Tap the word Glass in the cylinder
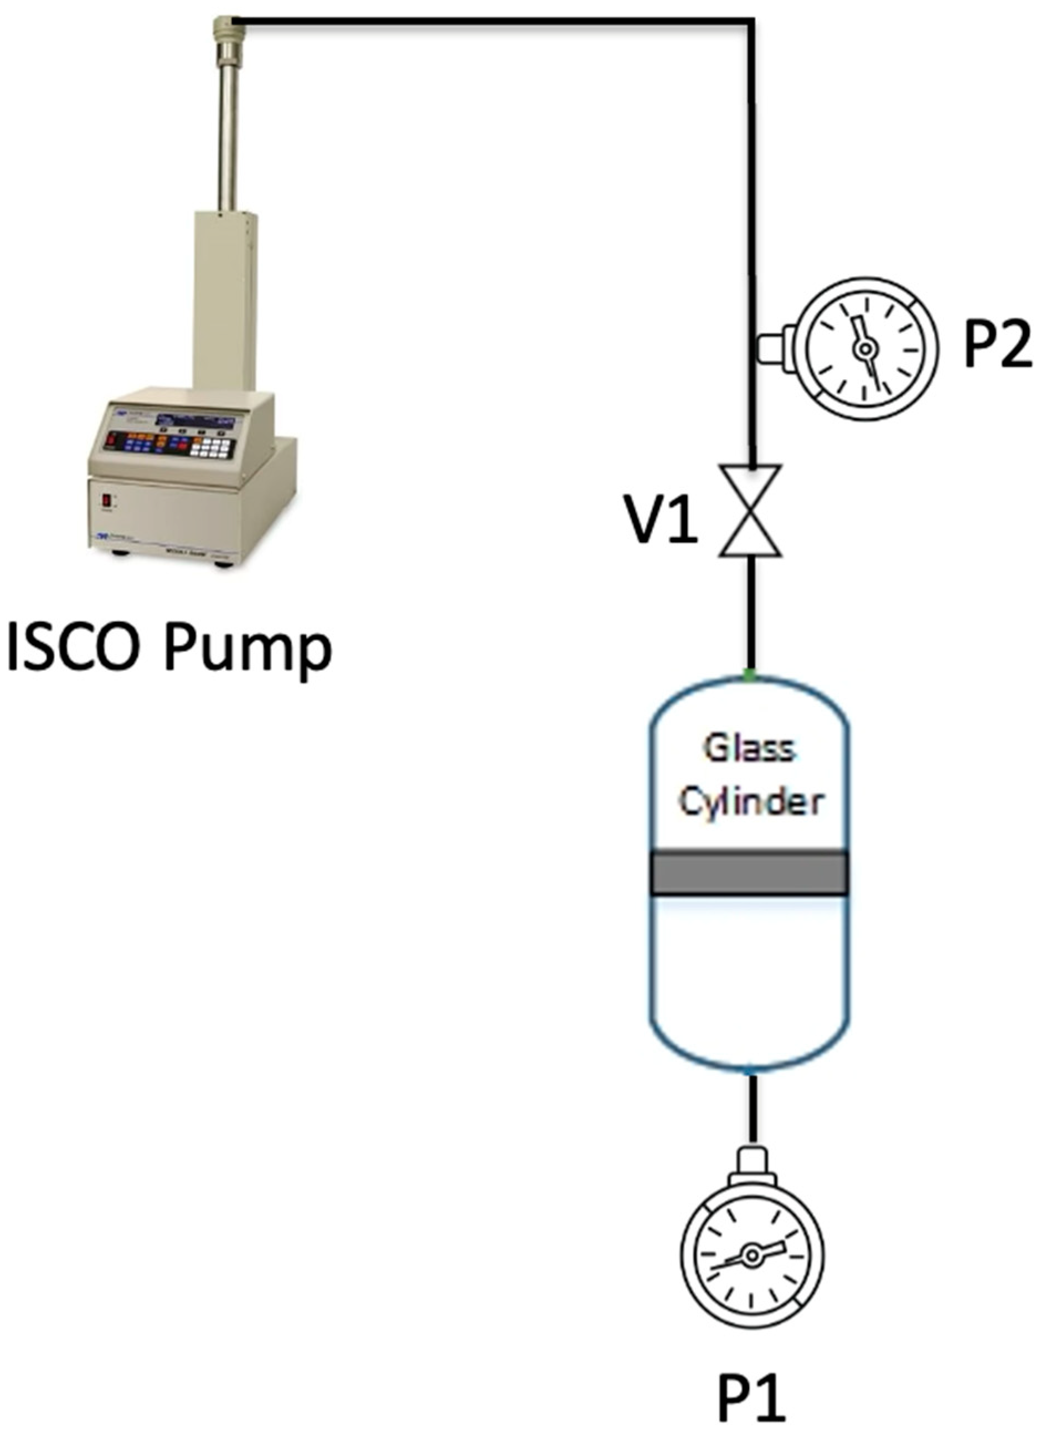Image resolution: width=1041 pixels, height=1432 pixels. pos(749,749)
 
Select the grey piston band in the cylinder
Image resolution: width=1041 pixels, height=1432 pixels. pos(749,873)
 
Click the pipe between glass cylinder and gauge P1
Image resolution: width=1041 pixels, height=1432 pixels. pos(751,1111)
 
